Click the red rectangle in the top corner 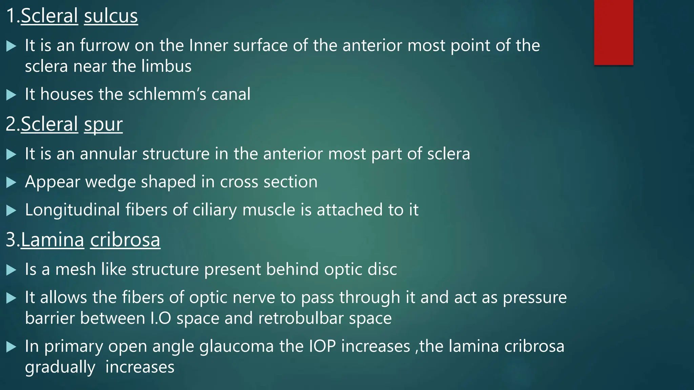(613, 32)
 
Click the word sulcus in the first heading (111, 16)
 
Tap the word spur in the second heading (103, 125)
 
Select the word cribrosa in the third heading (125, 240)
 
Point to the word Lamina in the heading (53, 240)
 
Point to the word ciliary (215, 210)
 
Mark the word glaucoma (236, 346)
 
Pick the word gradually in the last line (60, 368)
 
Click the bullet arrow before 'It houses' (11, 95)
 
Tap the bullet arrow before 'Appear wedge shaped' (11, 182)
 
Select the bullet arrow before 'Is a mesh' (11, 270)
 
